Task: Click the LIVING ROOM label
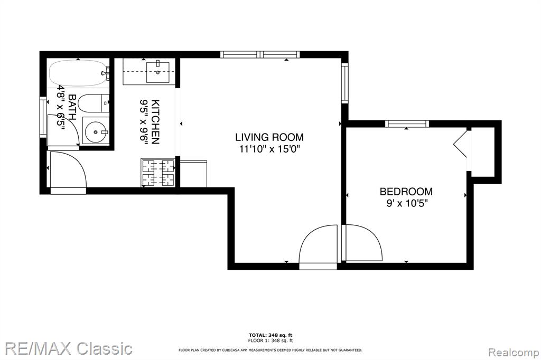tap(269, 137)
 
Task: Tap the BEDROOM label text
tap(406, 192)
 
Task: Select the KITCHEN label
tap(156, 122)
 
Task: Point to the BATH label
tap(72, 107)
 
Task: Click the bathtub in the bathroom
tap(79, 73)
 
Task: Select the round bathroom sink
tap(96, 131)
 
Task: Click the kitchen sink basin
tap(157, 72)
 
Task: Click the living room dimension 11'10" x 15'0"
tap(270, 149)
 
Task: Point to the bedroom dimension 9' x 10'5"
tap(407, 203)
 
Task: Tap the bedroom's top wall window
tap(407, 124)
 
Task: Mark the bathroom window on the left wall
tap(43, 117)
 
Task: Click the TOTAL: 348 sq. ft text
tap(270, 335)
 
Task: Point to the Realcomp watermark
tap(514, 353)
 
